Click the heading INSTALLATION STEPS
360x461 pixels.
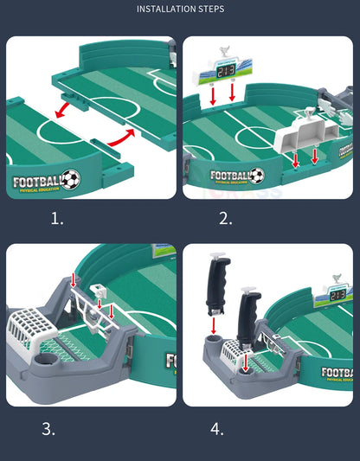point(180,10)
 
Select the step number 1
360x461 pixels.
point(57,219)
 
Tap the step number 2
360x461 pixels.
point(226,219)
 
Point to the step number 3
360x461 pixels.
point(49,428)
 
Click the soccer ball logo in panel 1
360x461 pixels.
point(70,179)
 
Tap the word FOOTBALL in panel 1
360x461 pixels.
point(37,182)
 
